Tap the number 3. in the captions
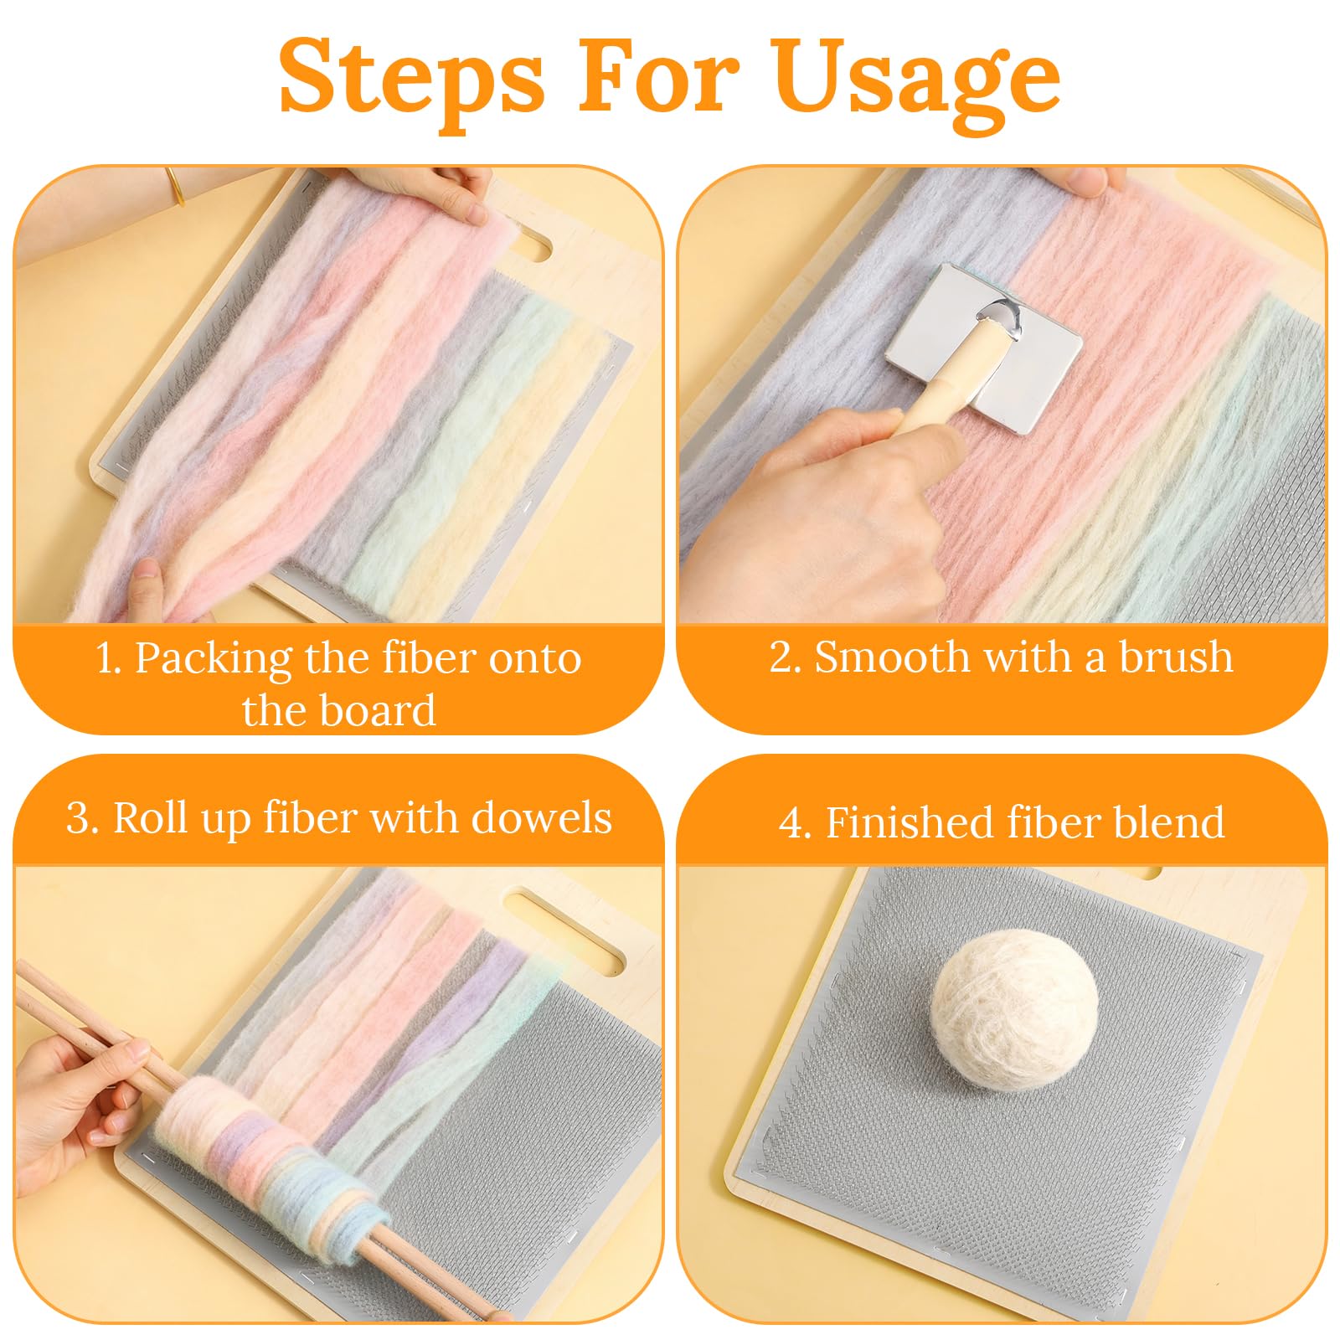pyautogui.click(x=82, y=818)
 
